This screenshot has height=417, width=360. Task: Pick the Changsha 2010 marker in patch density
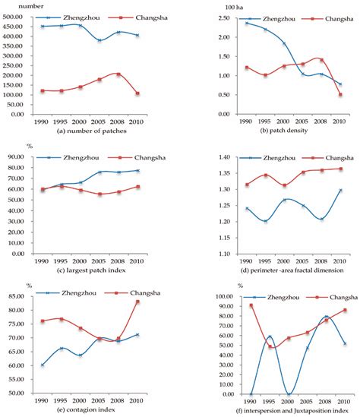click(x=335, y=95)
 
